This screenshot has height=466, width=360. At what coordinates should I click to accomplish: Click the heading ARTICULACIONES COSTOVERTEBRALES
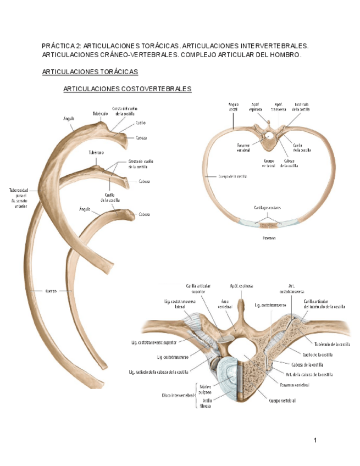click(127, 88)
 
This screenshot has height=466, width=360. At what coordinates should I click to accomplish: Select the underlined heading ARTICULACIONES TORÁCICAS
click(90, 72)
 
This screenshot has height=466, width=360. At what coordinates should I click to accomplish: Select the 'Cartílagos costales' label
click(268, 208)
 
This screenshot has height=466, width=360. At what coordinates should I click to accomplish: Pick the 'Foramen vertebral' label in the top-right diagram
click(244, 148)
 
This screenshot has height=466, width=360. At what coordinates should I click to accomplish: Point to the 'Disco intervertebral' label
click(178, 395)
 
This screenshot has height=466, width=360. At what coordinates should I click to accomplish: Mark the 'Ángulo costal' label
click(233, 106)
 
